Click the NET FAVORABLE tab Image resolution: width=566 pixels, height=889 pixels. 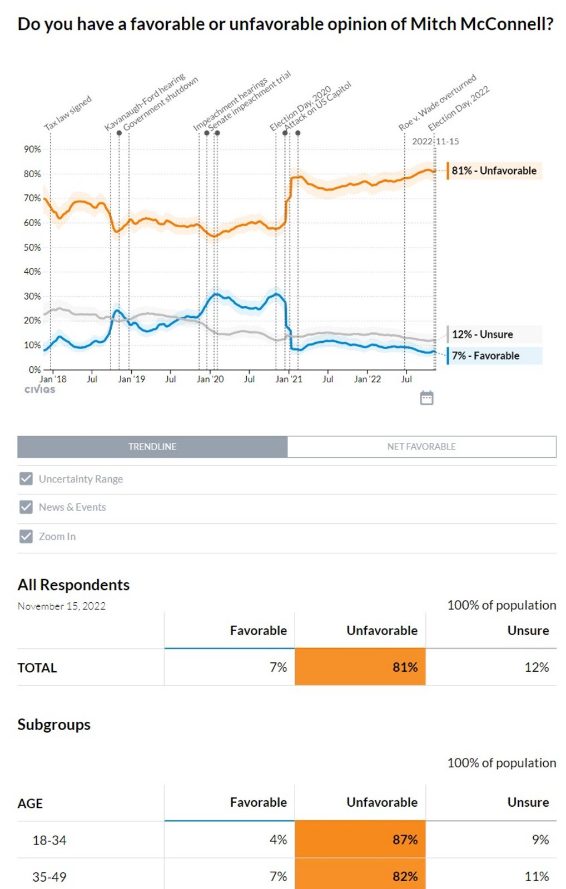pos(421,447)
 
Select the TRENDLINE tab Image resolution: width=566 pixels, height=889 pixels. pos(152,447)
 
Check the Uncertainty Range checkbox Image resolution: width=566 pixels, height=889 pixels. pos(26,479)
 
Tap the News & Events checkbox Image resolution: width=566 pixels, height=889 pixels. pos(26,507)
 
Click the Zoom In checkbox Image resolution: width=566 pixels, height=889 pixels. pos(26,537)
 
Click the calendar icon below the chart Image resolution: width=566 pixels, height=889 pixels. pos(426,398)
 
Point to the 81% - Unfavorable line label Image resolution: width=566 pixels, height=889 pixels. pos(494,171)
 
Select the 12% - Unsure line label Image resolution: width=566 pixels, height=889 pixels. pos(482,334)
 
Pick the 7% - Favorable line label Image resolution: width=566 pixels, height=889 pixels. pos(485,356)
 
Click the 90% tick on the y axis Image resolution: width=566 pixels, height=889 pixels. pos(32,149)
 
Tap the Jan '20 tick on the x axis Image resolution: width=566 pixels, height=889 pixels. pos(210,379)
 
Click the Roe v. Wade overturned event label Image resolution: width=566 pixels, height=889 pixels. pos(438,103)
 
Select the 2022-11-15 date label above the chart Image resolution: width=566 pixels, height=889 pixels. pos(435,142)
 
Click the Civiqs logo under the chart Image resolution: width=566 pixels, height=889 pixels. pos(40,389)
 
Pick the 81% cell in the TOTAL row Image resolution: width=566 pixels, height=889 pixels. pos(360,667)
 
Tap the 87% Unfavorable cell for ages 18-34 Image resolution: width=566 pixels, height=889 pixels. pos(360,840)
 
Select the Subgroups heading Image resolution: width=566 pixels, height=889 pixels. pos(54,725)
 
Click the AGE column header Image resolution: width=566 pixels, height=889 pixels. pos(30,803)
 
